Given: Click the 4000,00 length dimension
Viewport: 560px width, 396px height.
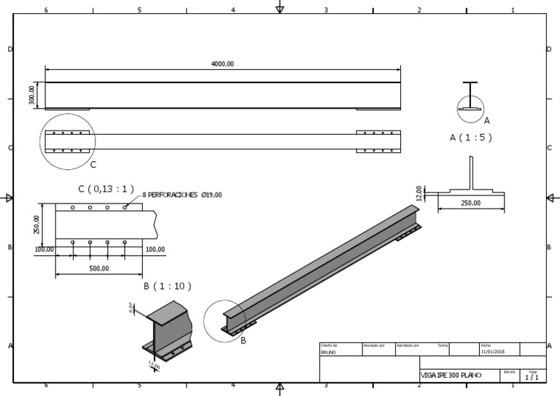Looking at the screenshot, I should click(x=222, y=64).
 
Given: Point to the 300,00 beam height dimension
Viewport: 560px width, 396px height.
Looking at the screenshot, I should click(x=32, y=96).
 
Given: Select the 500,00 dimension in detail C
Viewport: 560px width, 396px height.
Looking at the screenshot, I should click(x=99, y=268).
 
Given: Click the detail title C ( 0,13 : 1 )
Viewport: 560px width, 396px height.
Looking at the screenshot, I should click(x=106, y=189).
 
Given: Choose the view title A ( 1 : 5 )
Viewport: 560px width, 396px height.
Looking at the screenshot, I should click(x=470, y=137).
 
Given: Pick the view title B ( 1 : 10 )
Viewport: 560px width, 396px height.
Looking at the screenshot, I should click(x=167, y=287).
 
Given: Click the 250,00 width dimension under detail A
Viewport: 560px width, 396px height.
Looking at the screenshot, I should click(x=470, y=203).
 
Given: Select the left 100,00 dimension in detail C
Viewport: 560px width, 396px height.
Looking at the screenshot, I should click(x=44, y=249).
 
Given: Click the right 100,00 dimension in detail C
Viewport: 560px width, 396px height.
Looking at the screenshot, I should click(x=155, y=249).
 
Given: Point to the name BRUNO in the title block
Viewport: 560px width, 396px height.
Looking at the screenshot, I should click(x=329, y=352).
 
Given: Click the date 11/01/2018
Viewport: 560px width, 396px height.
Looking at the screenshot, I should click(x=493, y=352).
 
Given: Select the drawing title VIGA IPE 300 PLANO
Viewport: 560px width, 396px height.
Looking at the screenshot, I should click(x=451, y=376).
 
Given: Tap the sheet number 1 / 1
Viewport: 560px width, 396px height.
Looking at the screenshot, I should click(x=532, y=377).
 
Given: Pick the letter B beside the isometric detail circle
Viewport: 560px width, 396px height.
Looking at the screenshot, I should click(x=243, y=340).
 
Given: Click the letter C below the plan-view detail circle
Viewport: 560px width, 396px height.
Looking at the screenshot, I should click(x=93, y=164).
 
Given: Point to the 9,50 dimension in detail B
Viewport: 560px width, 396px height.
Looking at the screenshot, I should click(x=131, y=308).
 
